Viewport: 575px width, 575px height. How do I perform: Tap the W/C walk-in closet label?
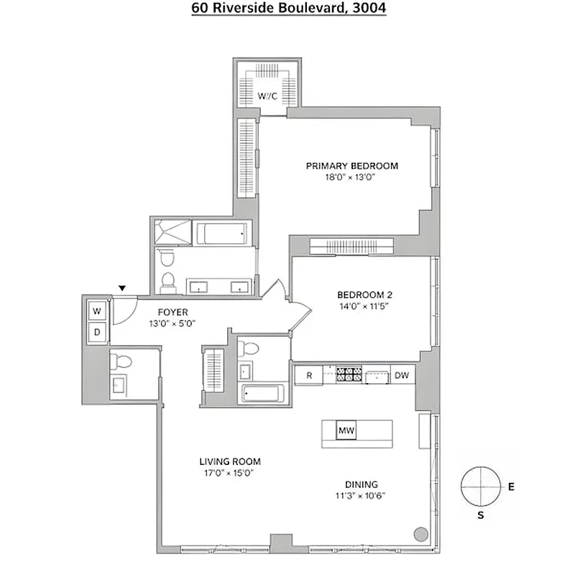[x=267, y=96]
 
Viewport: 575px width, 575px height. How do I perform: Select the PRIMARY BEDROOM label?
[x=351, y=166]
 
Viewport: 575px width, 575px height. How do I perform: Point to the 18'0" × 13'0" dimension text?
[x=351, y=177]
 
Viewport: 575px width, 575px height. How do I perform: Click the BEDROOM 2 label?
[x=364, y=294]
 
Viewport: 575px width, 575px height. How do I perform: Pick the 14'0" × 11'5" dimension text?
[x=364, y=305]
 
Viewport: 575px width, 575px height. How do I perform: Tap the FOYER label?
[x=172, y=312]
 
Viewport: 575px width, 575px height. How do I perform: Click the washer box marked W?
[x=97, y=312]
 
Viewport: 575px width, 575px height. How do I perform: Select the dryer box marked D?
[x=97, y=332]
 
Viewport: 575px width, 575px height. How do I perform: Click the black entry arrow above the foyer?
[x=122, y=288]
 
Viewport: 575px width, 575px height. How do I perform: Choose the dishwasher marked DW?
[x=401, y=375]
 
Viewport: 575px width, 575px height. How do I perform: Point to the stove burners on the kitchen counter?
[x=349, y=374]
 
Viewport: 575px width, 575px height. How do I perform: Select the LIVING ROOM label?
[x=230, y=461]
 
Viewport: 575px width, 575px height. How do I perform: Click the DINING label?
[x=361, y=484]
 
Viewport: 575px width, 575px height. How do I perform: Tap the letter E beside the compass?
[x=511, y=487]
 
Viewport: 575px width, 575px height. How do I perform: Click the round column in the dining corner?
[x=421, y=534]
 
